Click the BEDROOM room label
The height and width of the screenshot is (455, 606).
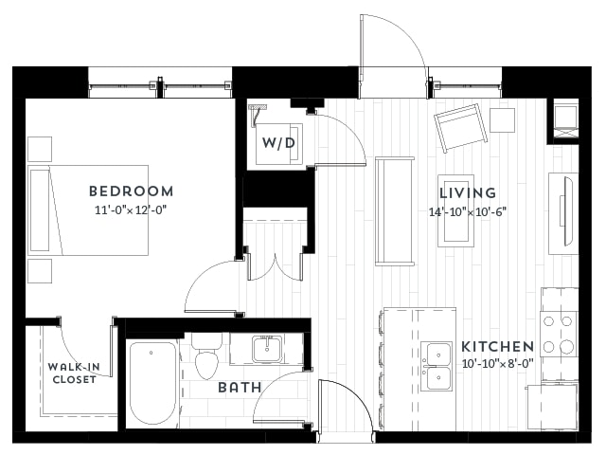[131, 191]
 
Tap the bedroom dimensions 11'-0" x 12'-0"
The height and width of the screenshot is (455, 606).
[131, 210]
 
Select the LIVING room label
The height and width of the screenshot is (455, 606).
[468, 192]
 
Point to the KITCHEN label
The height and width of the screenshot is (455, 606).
[498, 347]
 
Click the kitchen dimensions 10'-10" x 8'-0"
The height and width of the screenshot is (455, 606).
[498, 364]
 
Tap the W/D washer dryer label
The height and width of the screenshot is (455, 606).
[278, 143]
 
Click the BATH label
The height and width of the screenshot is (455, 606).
[240, 388]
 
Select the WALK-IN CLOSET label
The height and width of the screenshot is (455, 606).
[74, 373]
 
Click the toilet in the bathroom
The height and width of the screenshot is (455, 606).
[207, 356]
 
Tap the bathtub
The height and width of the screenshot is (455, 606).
[152, 384]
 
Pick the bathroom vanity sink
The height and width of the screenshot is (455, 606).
[267, 349]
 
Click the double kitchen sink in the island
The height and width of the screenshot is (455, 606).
[437, 367]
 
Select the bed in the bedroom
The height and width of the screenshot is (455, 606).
[88, 210]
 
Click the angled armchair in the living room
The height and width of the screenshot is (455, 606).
[460, 128]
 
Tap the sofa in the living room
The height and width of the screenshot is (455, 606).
[395, 211]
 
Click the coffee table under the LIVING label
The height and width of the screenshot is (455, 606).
[456, 210]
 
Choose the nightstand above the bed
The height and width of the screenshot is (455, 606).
[40, 149]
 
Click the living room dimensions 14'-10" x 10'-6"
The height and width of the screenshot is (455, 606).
[468, 212]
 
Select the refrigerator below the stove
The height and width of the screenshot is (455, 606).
[553, 408]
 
